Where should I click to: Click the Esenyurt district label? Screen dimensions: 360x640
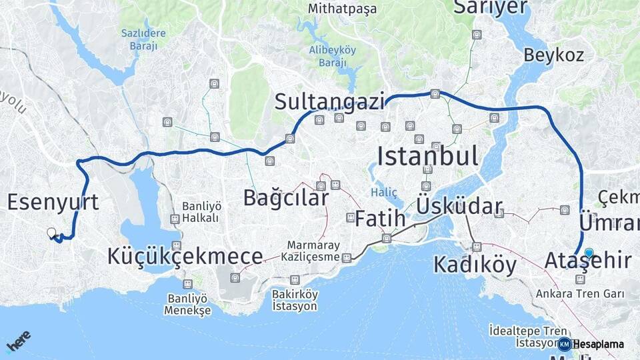(53, 202)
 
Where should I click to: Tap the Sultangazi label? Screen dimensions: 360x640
(330, 102)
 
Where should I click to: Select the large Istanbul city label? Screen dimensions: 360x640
(427, 157)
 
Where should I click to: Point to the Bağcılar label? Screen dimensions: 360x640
(285, 198)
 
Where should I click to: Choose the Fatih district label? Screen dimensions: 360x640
(380, 218)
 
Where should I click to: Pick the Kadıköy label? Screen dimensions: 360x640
(475, 265)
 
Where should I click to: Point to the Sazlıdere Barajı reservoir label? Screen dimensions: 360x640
(139, 39)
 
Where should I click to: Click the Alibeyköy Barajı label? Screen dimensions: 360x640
(332, 56)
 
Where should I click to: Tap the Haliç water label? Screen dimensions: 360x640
(384, 193)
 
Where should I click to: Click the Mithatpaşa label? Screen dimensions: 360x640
(342, 9)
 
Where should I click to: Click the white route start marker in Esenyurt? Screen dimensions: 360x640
(51, 233)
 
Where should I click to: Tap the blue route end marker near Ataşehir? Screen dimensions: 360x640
(589, 253)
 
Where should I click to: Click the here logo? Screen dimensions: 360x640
(18, 341)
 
